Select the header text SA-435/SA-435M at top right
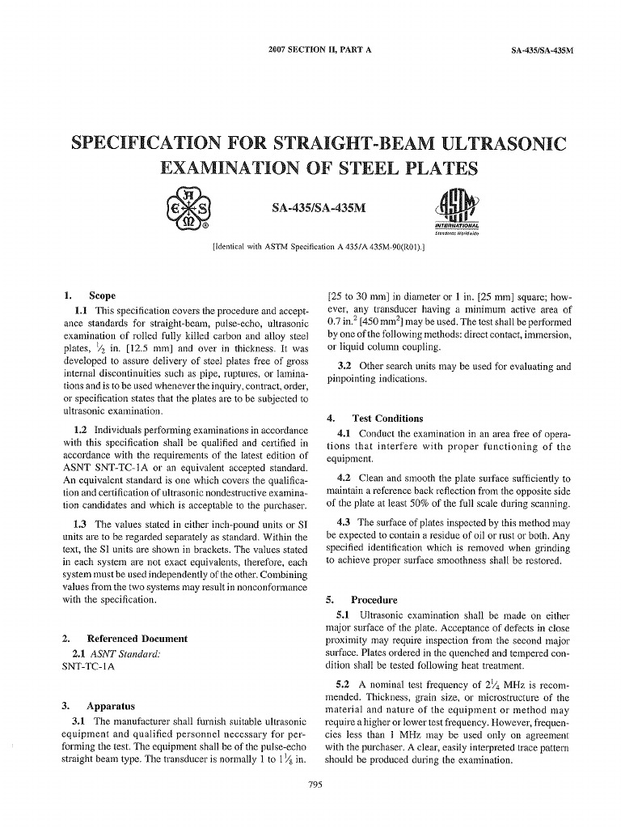coord(542,50)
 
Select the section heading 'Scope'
coord(102,295)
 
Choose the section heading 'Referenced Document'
coord(137,638)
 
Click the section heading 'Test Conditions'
coord(387,418)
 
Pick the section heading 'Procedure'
coord(374,600)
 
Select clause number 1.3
coord(81,524)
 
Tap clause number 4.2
coord(344,478)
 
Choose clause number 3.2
coord(344,366)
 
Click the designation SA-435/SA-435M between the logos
coord(319,209)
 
